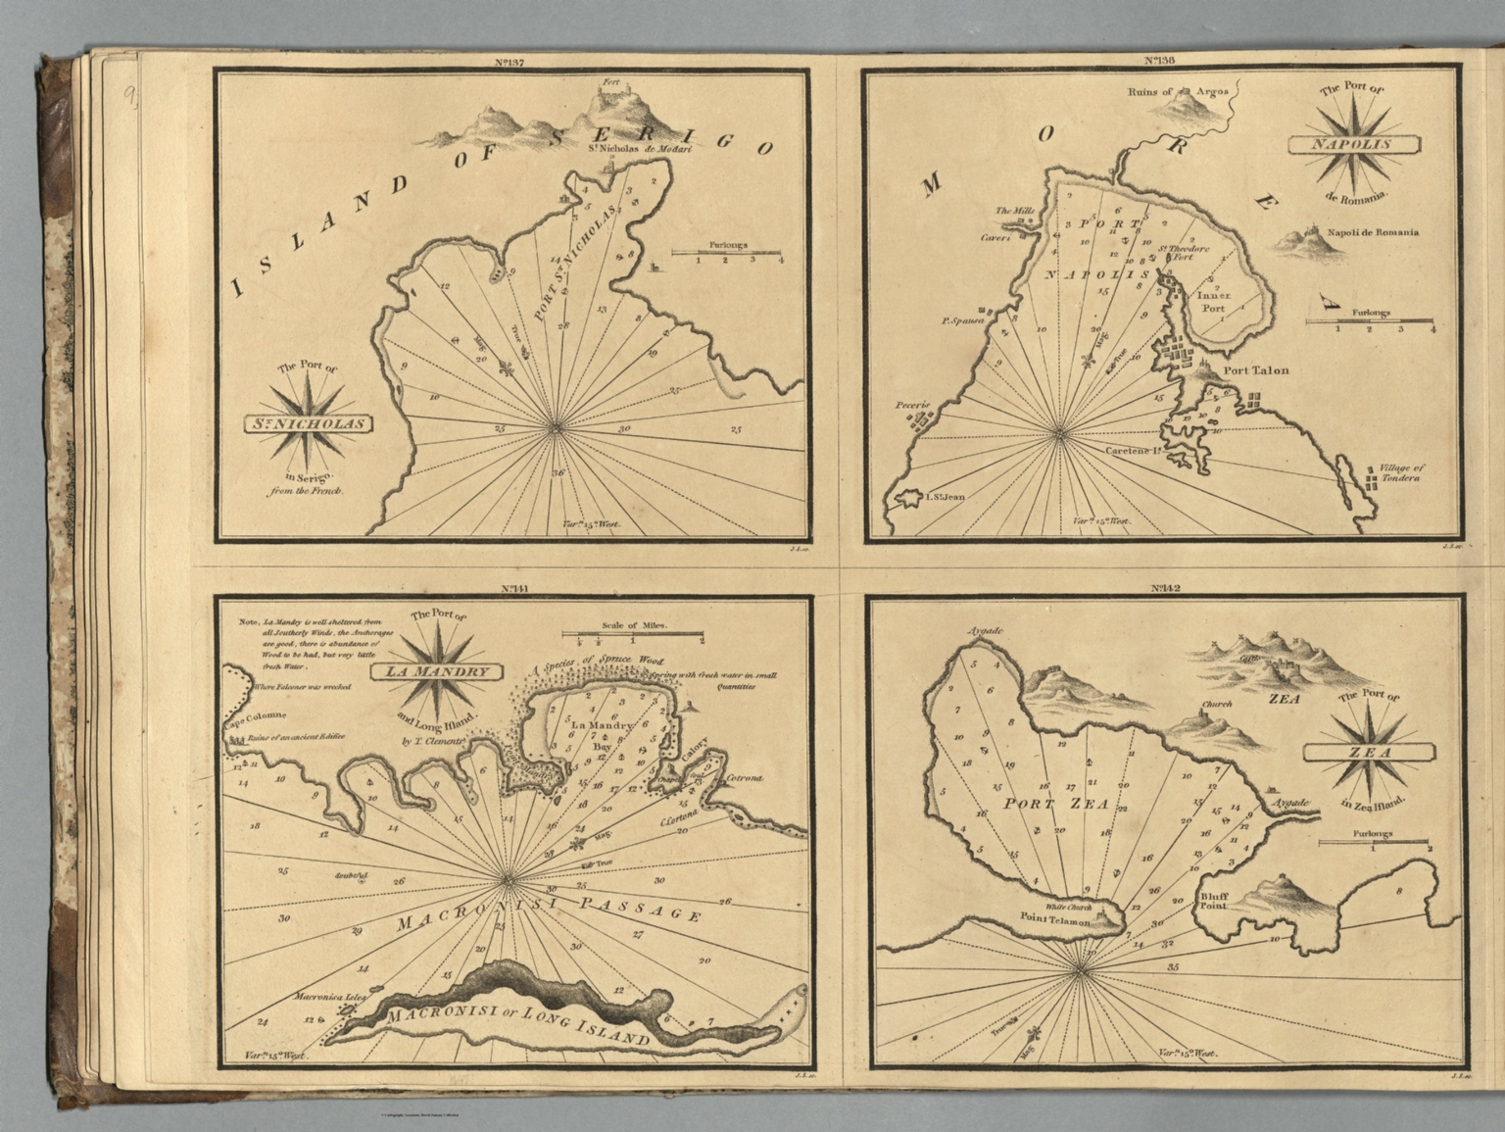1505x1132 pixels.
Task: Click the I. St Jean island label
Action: click(941, 498)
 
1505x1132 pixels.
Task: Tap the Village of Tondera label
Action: click(1401, 474)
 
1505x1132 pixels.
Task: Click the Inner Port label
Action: click(1213, 301)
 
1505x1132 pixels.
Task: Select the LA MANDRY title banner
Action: click(437, 673)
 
